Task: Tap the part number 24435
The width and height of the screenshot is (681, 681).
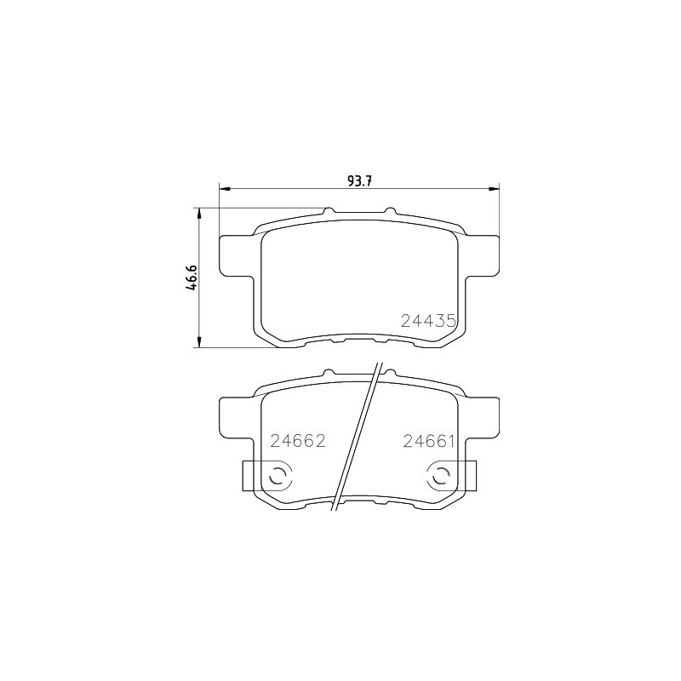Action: click(428, 321)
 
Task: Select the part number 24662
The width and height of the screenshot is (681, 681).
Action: click(298, 441)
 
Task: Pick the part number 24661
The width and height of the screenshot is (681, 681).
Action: click(429, 441)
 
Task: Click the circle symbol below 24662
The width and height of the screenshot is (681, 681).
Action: click(280, 478)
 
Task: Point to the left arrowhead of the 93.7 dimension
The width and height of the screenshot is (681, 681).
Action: click(224, 188)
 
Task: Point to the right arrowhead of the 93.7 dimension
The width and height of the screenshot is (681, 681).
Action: click(495, 188)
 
